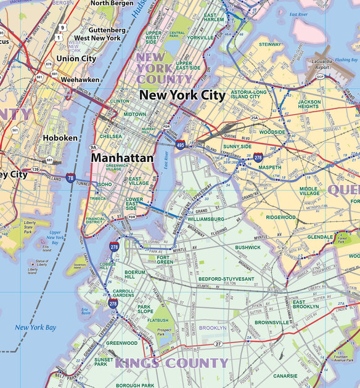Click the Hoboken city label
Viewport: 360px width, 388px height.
point(60,138)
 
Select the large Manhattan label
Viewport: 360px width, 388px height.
point(122,158)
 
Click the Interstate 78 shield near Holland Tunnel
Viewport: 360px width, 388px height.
point(71,178)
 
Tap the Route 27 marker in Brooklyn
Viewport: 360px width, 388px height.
point(218,343)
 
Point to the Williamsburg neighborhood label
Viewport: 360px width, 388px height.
point(206,219)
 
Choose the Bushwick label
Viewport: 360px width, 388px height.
point(247,247)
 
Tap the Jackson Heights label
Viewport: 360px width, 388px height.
point(309,105)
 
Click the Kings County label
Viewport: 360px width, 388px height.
point(171,363)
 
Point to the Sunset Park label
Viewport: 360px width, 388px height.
point(104,362)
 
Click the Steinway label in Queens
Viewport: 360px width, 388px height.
point(269,44)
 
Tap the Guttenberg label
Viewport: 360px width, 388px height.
point(107,30)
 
